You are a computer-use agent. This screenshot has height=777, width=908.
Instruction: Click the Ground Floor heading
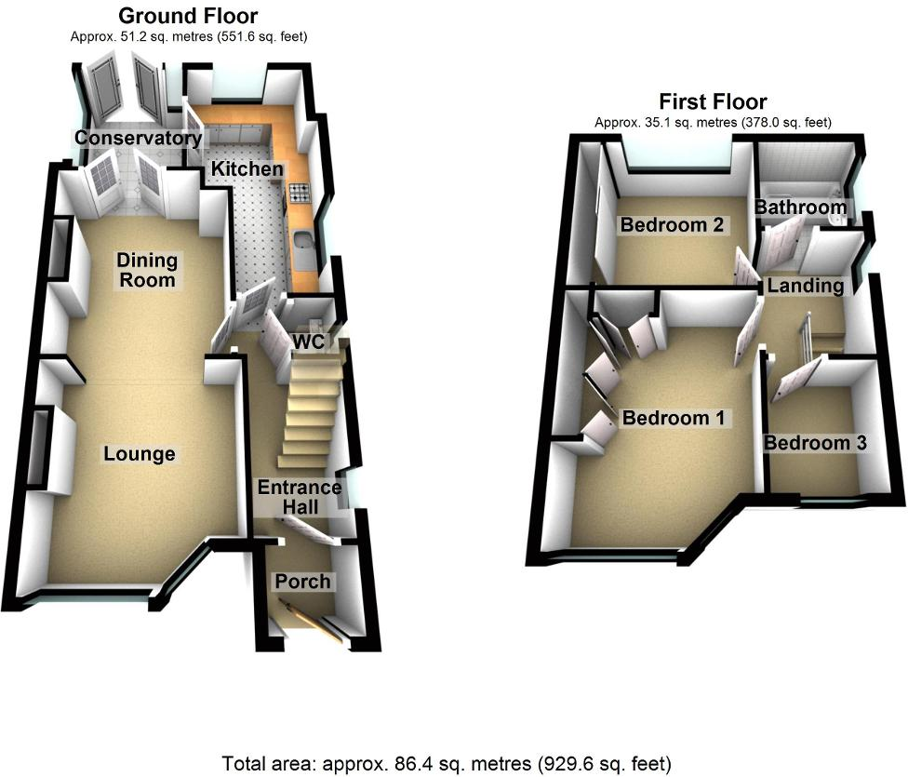tap(189, 16)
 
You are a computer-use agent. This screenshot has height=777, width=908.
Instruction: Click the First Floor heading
tap(713, 101)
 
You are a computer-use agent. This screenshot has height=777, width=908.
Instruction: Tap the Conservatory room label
tap(139, 139)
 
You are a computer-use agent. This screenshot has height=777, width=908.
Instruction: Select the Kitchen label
tap(247, 169)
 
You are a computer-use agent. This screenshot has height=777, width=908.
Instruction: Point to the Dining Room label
tap(148, 269)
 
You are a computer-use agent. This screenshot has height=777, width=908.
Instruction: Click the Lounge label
tap(140, 454)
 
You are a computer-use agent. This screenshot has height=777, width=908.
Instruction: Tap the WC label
tap(308, 342)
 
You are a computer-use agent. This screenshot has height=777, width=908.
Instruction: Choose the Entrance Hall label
tap(300, 497)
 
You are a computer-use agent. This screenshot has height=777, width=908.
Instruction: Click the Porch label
tap(303, 582)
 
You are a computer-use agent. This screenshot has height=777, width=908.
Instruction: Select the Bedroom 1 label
tap(673, 418)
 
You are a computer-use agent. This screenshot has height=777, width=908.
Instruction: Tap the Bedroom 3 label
tap(815, 443)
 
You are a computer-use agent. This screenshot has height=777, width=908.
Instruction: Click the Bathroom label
tap(800, 208)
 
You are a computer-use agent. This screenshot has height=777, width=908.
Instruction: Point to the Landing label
tap(806, 286)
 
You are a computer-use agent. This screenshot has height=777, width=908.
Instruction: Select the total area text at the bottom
tap(447, 765)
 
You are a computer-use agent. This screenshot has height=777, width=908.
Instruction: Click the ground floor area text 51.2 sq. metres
tap(188, 36)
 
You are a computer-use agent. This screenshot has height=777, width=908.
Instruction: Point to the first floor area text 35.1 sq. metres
tap(713, 122)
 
